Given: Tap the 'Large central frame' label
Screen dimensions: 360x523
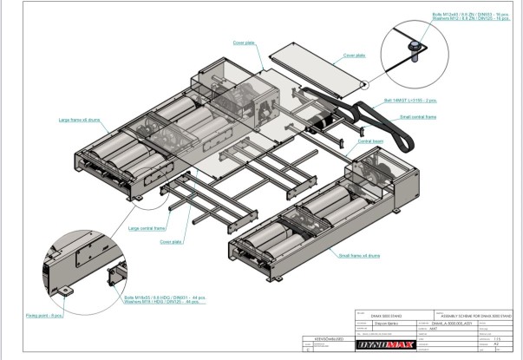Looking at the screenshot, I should pos(147,229).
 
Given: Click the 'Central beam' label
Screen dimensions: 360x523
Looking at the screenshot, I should pos(372,140).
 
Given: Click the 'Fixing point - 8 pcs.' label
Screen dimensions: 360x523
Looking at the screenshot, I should pos(44,315).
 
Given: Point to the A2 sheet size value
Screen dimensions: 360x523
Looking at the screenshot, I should pos(497,344).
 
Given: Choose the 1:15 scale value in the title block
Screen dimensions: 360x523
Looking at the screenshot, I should pos(497,338).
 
